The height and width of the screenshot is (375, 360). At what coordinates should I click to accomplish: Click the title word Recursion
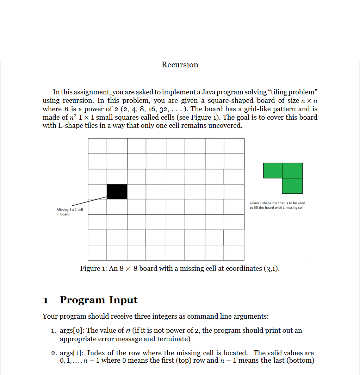coord(180,65)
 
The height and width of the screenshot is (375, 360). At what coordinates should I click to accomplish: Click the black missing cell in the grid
coord(117,192)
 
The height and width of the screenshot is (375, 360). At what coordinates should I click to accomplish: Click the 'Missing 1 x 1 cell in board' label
coord(70,212)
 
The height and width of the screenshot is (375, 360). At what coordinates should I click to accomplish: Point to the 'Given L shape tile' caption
coord(277,205)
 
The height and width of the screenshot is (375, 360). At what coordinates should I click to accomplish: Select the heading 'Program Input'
coord(99,300)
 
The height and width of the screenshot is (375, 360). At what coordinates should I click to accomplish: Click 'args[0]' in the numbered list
coord(72,331)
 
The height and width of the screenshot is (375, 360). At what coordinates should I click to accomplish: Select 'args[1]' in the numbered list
coord(72,353)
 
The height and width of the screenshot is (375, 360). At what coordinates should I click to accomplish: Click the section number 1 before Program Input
coord(45,300)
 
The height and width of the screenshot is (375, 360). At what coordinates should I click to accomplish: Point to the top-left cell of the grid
coord(97,146)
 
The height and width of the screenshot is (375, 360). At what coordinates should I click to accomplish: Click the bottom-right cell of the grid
coord(234,253)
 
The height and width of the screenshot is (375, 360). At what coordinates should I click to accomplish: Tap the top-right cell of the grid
coord(234,146)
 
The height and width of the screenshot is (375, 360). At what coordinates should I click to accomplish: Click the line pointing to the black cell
coord(90,201)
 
